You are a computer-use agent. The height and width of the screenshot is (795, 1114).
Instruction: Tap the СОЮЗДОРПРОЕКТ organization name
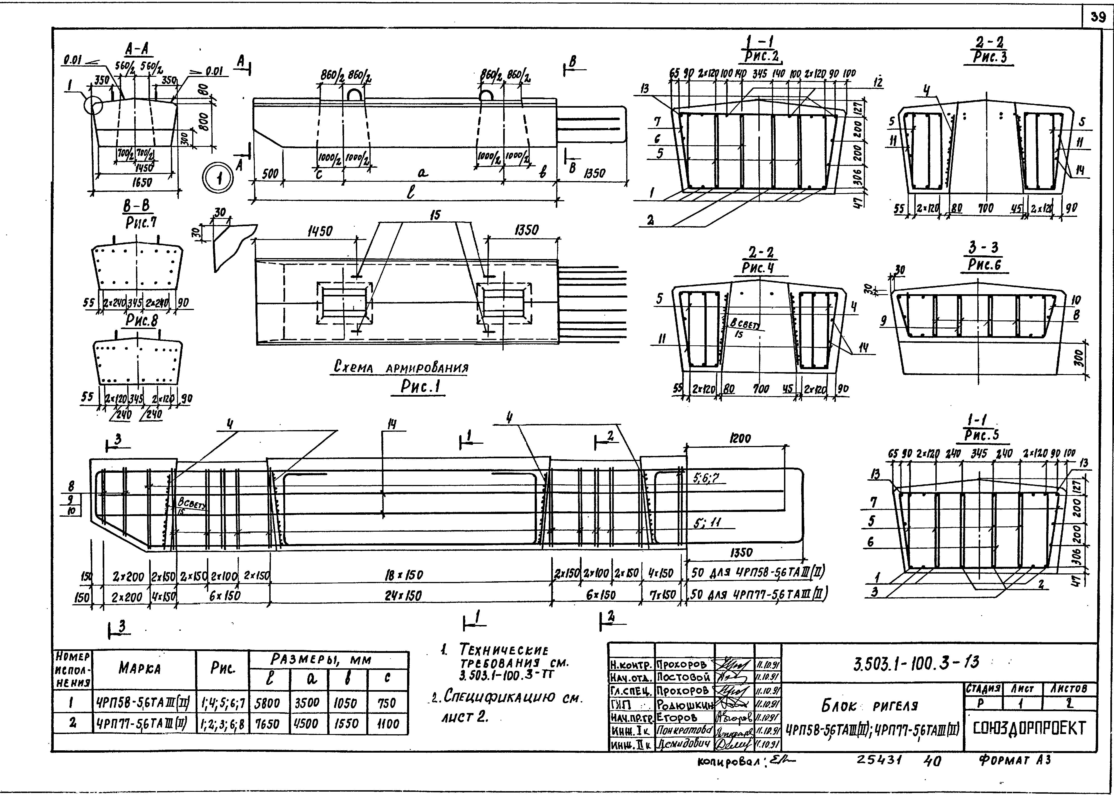1029,728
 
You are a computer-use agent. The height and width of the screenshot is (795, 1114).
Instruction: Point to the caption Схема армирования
400,367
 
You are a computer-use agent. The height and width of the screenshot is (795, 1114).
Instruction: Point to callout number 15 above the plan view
435,215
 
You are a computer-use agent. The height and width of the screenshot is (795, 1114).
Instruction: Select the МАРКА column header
139,669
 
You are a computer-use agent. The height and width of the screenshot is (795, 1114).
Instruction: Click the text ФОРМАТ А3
1014,759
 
